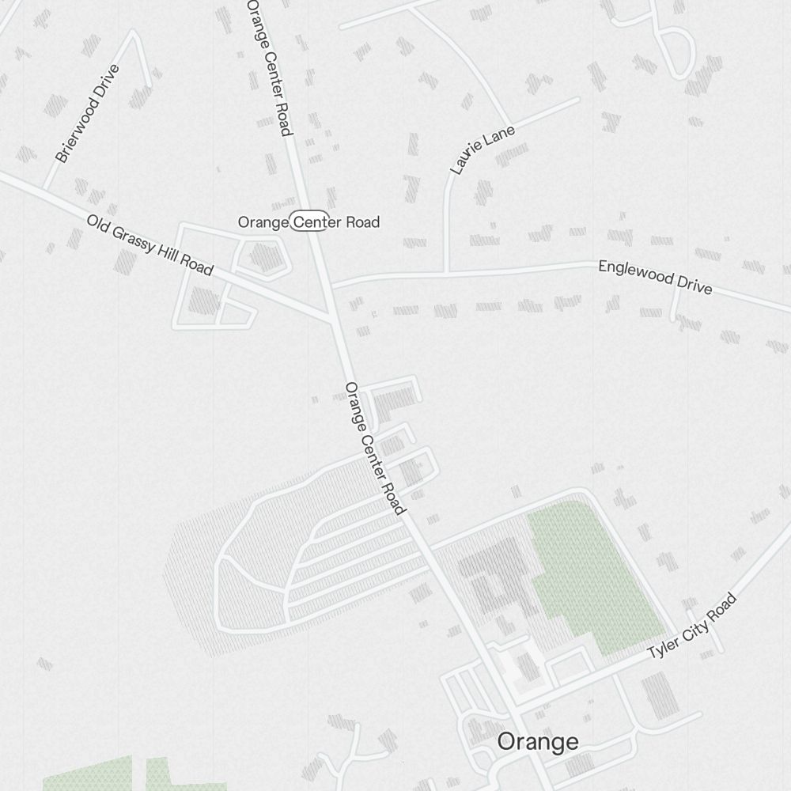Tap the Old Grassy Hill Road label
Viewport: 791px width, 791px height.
coord(149,245)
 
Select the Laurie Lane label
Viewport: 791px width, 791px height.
coord(482,149)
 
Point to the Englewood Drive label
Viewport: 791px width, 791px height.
coord(655,277)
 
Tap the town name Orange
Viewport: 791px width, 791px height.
coord(537,742)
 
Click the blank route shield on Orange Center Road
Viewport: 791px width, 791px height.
coord(308,221)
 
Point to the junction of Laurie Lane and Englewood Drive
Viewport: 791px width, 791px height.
coord(448,273)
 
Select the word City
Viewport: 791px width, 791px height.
coord(691,629)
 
